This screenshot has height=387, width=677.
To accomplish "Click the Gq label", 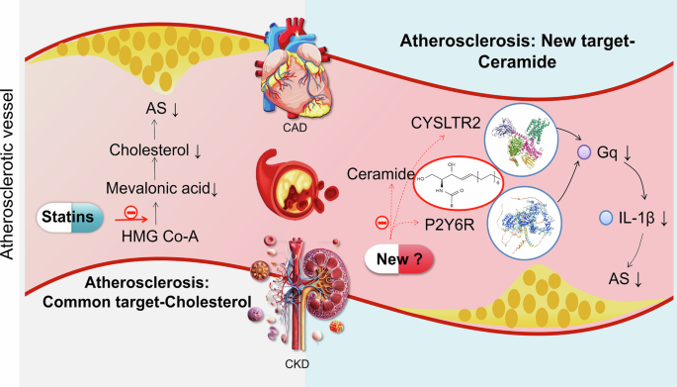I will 603,152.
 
